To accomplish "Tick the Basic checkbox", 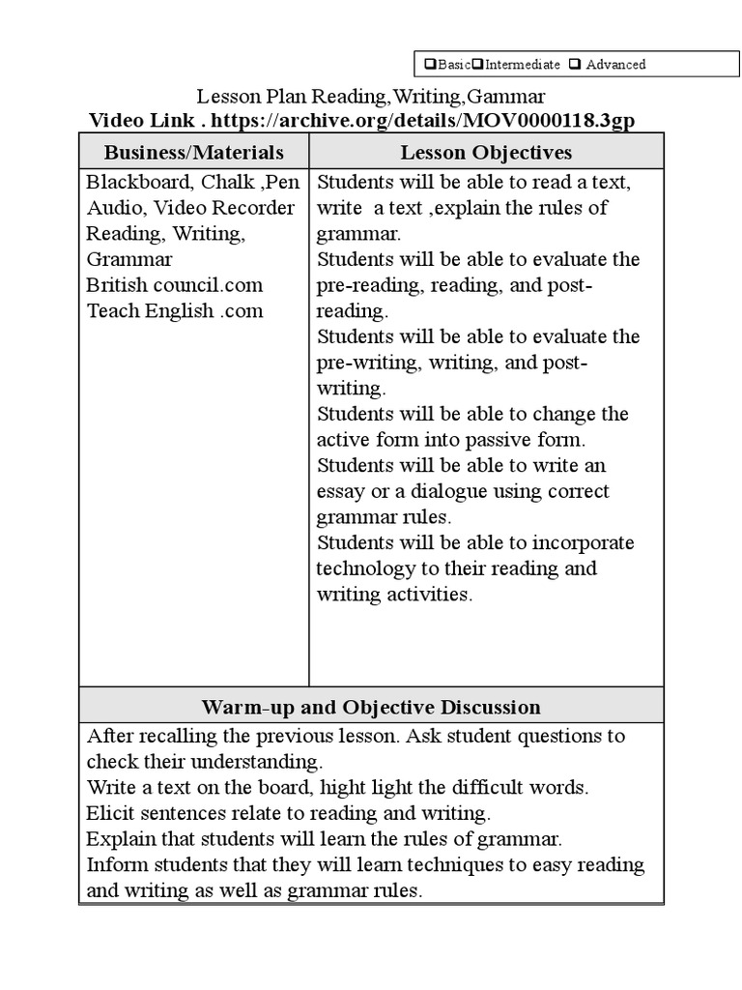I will [x=430, y=65].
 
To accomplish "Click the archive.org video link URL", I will [x=423, y=120].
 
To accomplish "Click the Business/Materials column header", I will [x=193, y=153].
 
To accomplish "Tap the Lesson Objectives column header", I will [x=486, y=153].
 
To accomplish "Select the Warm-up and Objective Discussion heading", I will [x=371, y=707].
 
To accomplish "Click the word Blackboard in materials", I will [x=130, y=182].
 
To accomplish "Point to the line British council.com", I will [x=174, y=285].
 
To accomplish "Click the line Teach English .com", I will [x=174, y=311].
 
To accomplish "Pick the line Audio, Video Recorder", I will [x=190, y=208].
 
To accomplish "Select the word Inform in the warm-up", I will [x=113, y=864].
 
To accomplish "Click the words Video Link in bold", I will [x=141, y=120].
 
